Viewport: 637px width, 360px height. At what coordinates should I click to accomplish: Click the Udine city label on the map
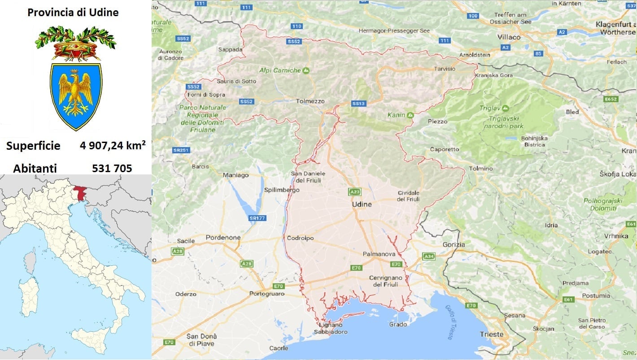click(x=362, y=204)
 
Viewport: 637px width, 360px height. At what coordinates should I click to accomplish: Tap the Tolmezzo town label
click(x=310, y=101)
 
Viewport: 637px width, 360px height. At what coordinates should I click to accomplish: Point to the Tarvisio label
click(x=445, y=69)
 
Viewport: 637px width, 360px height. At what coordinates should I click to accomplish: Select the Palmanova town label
click(x=379, y=254)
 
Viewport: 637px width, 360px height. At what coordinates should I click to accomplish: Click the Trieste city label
click(x=492, y=334)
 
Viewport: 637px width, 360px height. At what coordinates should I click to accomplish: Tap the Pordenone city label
click(x=223, y=237)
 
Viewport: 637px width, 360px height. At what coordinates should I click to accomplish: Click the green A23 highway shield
click(x=354, y=192)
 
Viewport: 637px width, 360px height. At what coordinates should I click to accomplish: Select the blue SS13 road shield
click(x=359, y=104)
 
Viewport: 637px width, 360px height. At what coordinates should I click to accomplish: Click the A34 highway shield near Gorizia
click(x=428, y=256)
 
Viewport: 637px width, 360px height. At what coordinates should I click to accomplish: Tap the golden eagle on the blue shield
click(x=76, y=93)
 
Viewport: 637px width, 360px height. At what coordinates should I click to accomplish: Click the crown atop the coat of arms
click(x=75, y=48)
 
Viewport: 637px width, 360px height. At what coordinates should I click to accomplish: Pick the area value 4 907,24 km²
click(x=112, y=145)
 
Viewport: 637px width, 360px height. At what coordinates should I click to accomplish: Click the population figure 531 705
click(x=112, y=168)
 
